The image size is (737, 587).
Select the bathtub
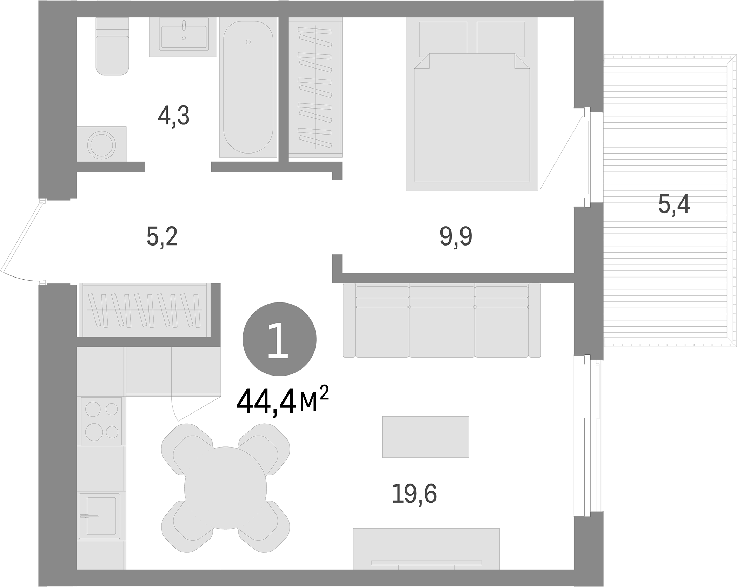[x=248, y=88]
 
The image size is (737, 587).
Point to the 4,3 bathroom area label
[x=173, y=116]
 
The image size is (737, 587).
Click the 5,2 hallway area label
[x=162, y=237]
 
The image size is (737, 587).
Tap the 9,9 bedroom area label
[x=456, y=237]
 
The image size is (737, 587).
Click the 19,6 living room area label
[x=414, y=494]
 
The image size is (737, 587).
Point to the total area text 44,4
[x=267, y=403]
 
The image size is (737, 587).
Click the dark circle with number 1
[x=279, y=339]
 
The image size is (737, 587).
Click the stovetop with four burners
[x=101, y=421]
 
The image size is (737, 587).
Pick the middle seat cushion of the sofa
[x=441, y=332]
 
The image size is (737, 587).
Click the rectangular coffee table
[x=425, y=437]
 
